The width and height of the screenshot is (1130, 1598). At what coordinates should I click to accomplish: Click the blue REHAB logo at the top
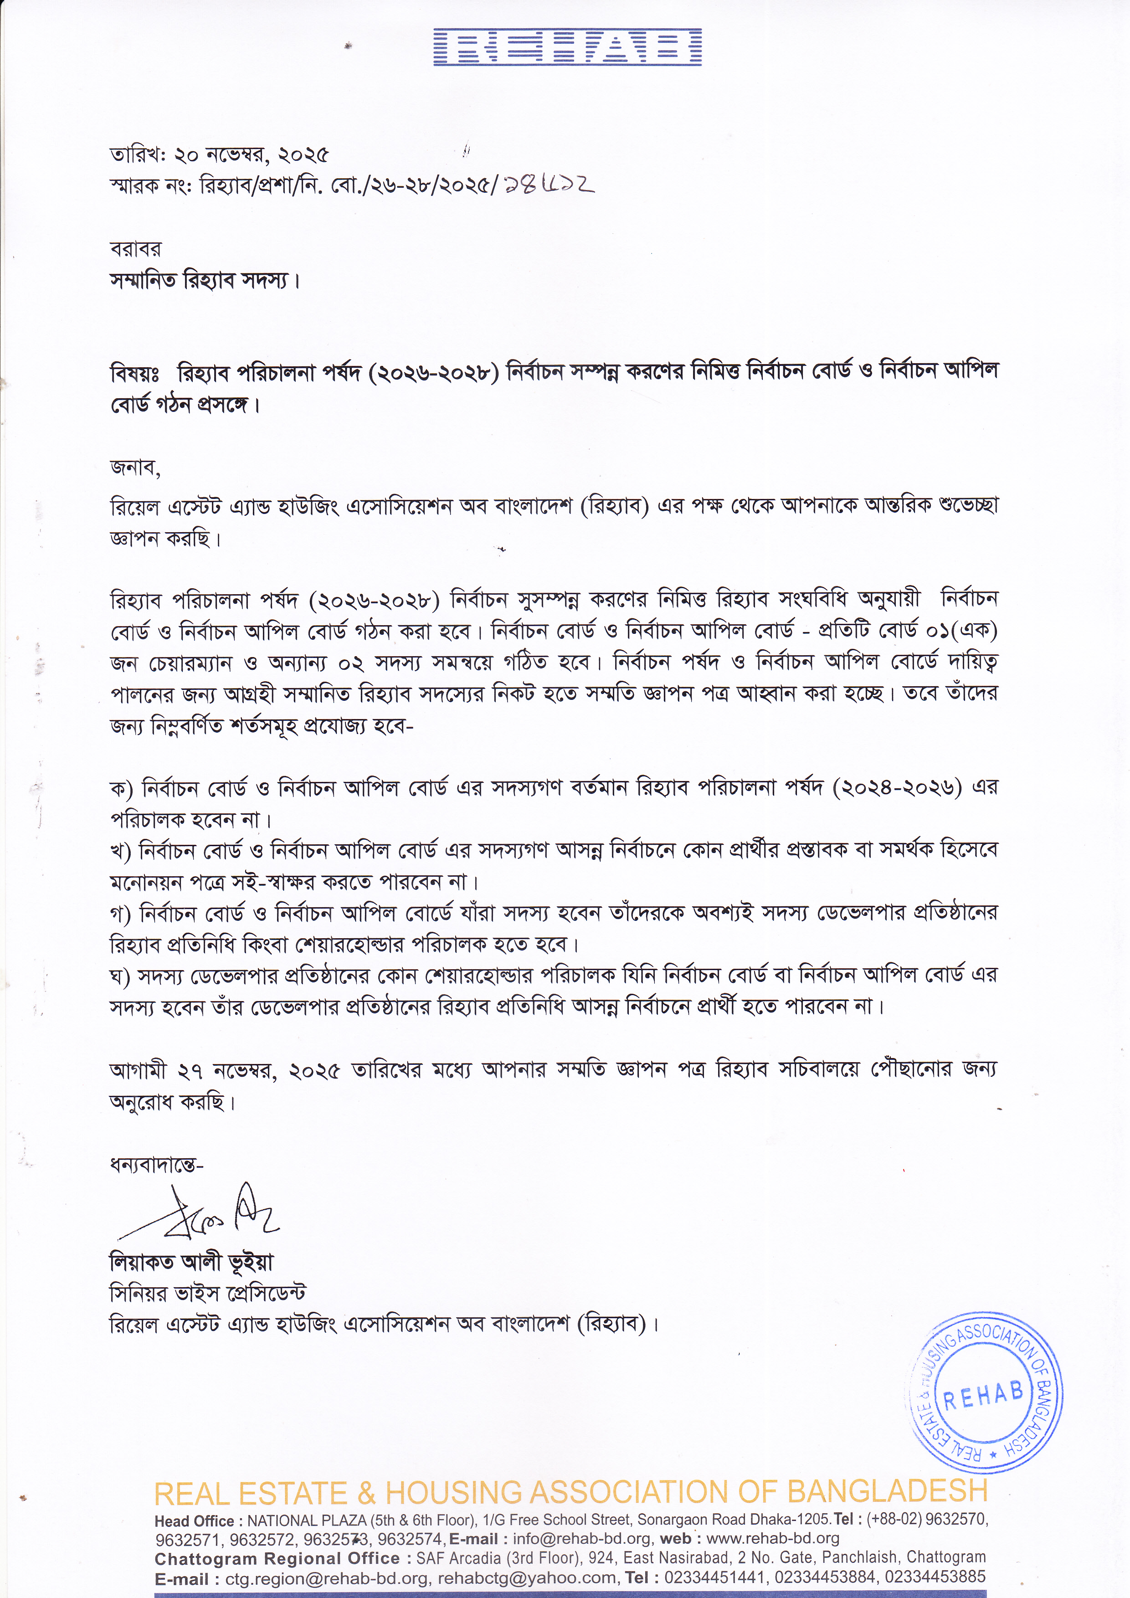click(567, 47)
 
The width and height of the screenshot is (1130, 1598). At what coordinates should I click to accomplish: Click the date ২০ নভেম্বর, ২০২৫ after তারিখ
click(251, 154)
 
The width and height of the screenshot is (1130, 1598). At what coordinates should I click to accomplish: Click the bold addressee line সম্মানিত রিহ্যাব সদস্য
click(205, 281)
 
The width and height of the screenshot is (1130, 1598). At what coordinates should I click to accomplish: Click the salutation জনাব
click(134, 468)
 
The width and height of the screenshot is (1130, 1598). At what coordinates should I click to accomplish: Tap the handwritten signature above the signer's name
click(202, 1214)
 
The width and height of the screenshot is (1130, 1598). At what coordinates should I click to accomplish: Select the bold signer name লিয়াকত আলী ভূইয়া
click(191, 1261)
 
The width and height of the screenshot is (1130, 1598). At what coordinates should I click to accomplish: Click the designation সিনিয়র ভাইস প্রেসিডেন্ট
click(207, 1293)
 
